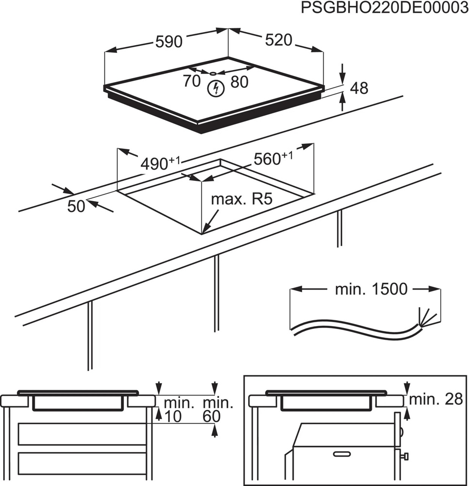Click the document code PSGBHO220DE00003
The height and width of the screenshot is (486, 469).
[381, 9]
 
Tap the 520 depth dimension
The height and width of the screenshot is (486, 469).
[279, 40]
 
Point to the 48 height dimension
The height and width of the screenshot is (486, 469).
[359, 88]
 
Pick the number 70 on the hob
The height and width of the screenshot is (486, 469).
[192, 81]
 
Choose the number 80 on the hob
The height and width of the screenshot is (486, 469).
[239, 82]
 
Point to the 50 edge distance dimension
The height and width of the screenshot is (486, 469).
[76, 206]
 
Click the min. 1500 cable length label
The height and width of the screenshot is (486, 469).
[370, 290]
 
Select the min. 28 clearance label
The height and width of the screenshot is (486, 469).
[436, 399]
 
